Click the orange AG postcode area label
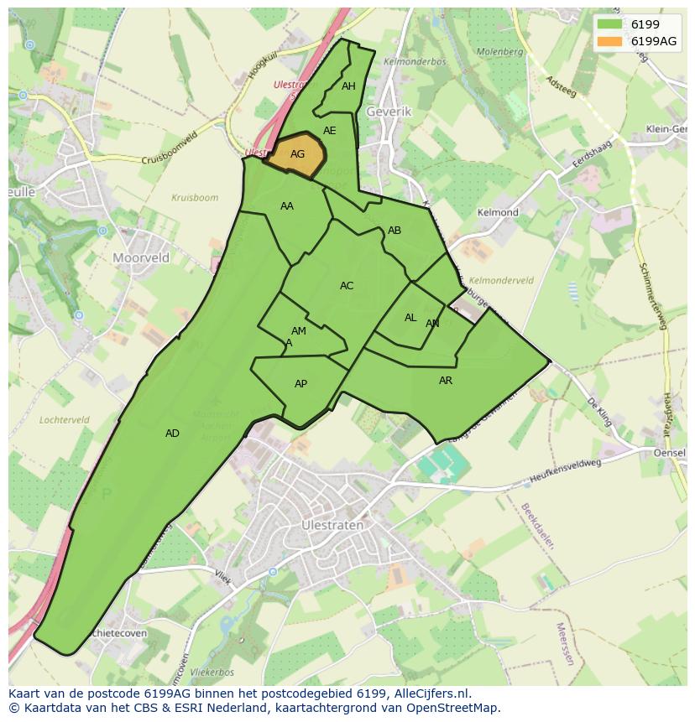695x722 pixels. (297, 154)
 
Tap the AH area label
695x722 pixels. (348, 86)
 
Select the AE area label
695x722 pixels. (329, 131)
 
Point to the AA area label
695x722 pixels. (287, 206)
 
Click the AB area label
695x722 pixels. (395, 231)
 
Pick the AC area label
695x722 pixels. (347, 286)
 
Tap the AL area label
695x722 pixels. (410, 318)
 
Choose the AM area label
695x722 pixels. (298, 331)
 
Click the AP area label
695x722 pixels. (300, 384)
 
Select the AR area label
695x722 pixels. (446, 381)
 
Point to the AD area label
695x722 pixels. (172, 434)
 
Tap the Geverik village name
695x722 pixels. (389, 112)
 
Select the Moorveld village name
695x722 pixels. (141, 257)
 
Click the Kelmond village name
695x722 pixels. (498, 212)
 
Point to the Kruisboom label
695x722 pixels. (195, 199)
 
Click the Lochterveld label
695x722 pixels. (65, 419)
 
